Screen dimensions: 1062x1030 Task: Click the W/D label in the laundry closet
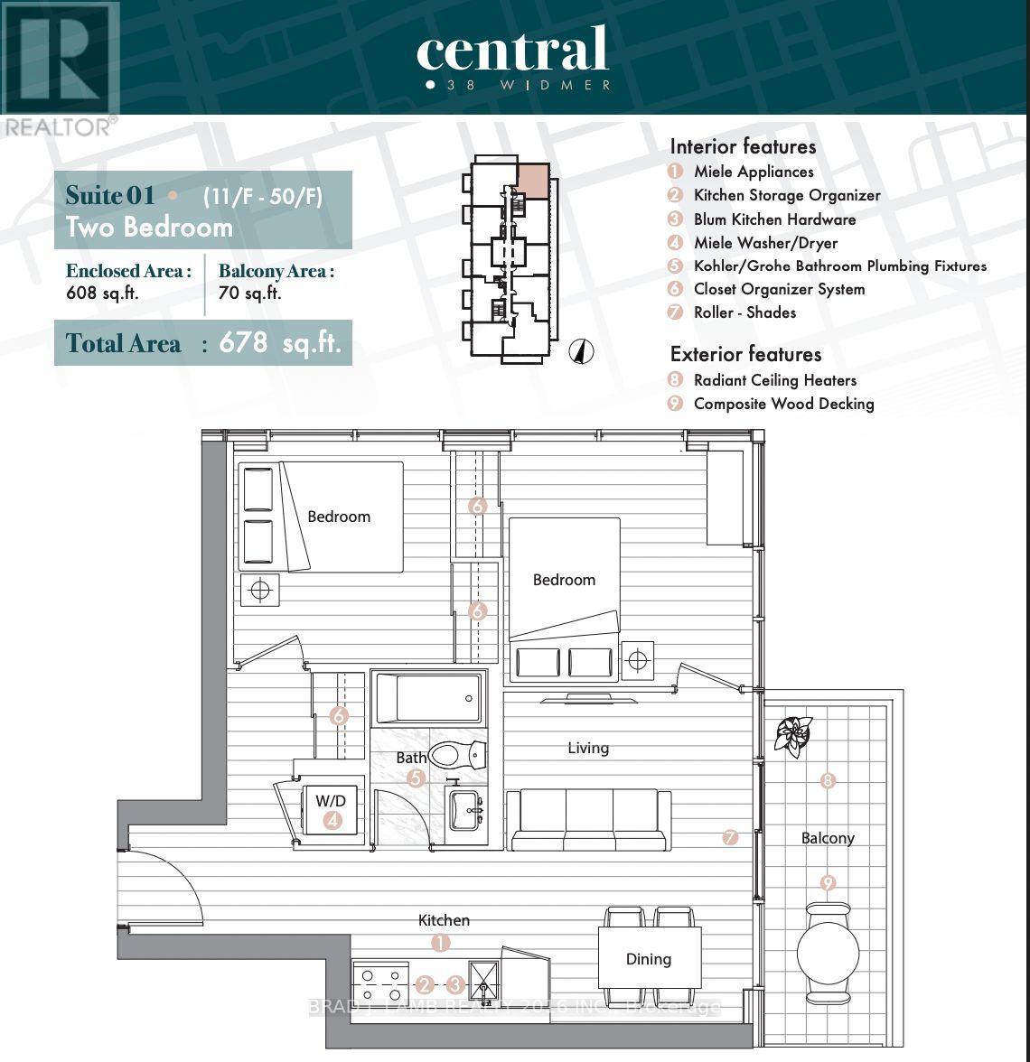(x=331, y=800)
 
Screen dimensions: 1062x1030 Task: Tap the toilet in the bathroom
(x=458, y=753)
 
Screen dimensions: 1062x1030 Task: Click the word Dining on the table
(x=649, y=959)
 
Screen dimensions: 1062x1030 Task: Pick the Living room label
(x=588, y=748)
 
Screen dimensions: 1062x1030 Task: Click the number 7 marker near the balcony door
(x=730, y=838)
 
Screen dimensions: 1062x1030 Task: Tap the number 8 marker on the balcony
(x=828, y=781)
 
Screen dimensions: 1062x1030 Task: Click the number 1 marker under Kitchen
(x=440, y=943)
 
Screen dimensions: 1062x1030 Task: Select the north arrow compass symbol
(x=582, y=351)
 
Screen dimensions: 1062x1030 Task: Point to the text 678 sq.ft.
(x=283, y=343)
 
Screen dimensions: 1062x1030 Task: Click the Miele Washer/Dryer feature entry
(x=765, y=243)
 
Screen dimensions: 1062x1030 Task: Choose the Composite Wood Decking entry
(x=783, y=404)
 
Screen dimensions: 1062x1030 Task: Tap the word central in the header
(x=512, y=50)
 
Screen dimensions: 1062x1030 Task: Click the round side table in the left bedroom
(x=260, y=591)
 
